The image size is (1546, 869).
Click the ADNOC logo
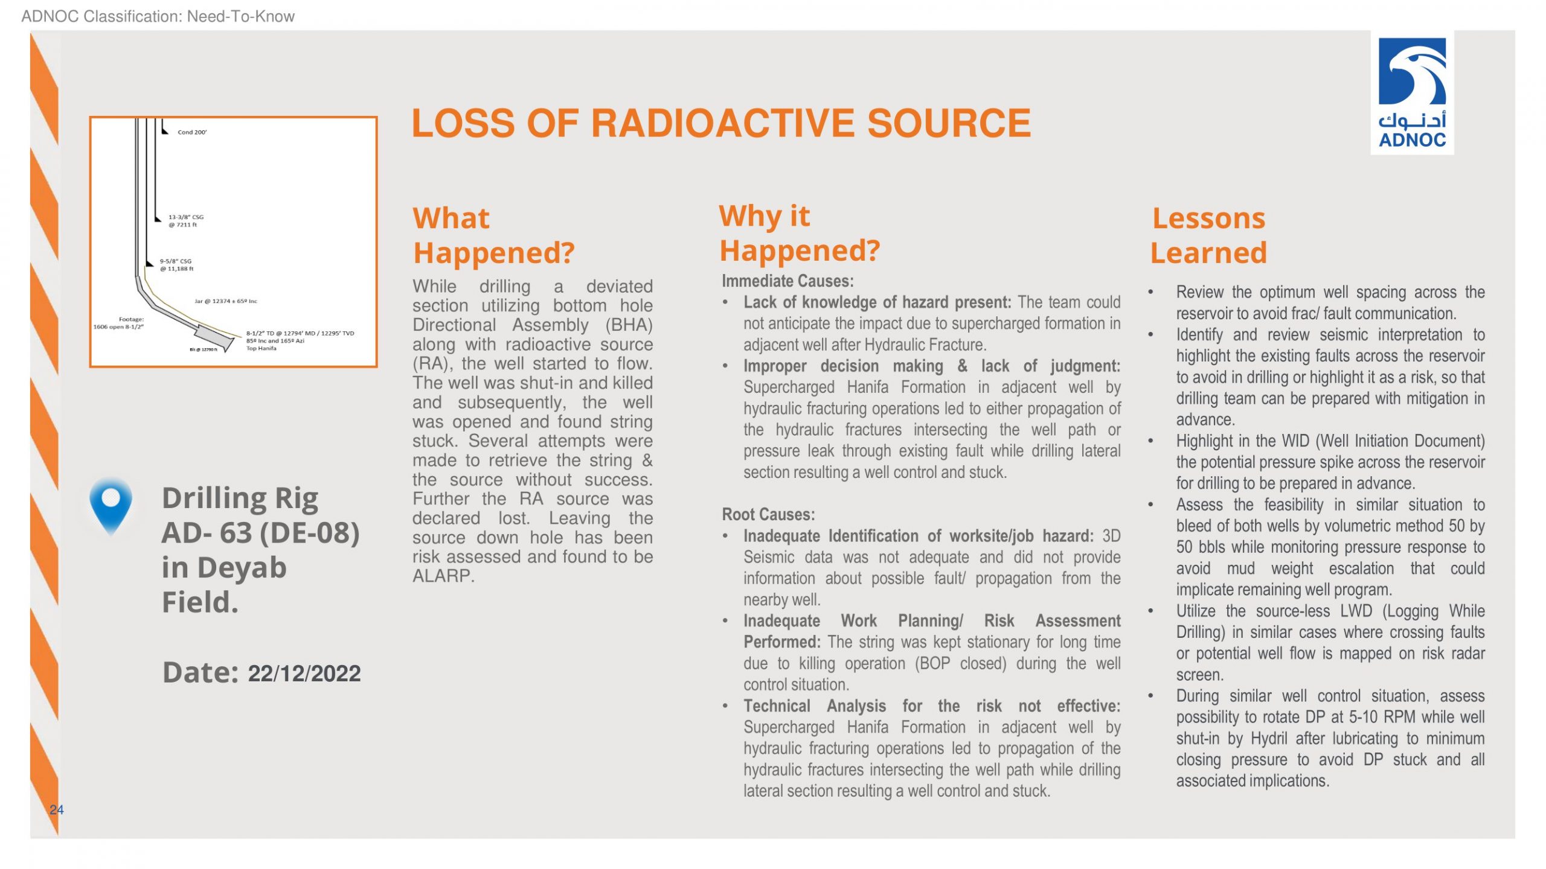click(x=1412, y=93)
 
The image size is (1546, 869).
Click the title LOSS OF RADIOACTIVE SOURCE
click(x=721, y=124)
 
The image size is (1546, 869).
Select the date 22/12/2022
click(x=304, y=673)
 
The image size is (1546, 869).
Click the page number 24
click(x=56, y=810)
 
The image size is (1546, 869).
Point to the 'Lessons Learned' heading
click(x=1208, y=235)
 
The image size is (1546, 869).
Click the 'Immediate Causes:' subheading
click(x=787, y=281)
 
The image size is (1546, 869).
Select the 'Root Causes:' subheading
click(x=768, y=515)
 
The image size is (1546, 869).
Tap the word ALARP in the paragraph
click(x=443, y=576)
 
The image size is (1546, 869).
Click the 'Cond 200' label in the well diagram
click(x=192, y=132)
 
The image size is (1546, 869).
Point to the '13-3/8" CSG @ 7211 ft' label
click(x=185, y=221)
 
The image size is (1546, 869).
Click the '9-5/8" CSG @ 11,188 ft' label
click(x=176, y=265)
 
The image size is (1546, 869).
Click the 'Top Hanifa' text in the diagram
click(x=261, y=348)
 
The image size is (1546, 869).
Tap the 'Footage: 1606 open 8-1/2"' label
click(x=119, y=323)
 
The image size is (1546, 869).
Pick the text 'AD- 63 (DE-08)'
click(x=260, y=533)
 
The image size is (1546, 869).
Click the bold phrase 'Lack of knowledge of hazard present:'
click(x=877, y=302)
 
